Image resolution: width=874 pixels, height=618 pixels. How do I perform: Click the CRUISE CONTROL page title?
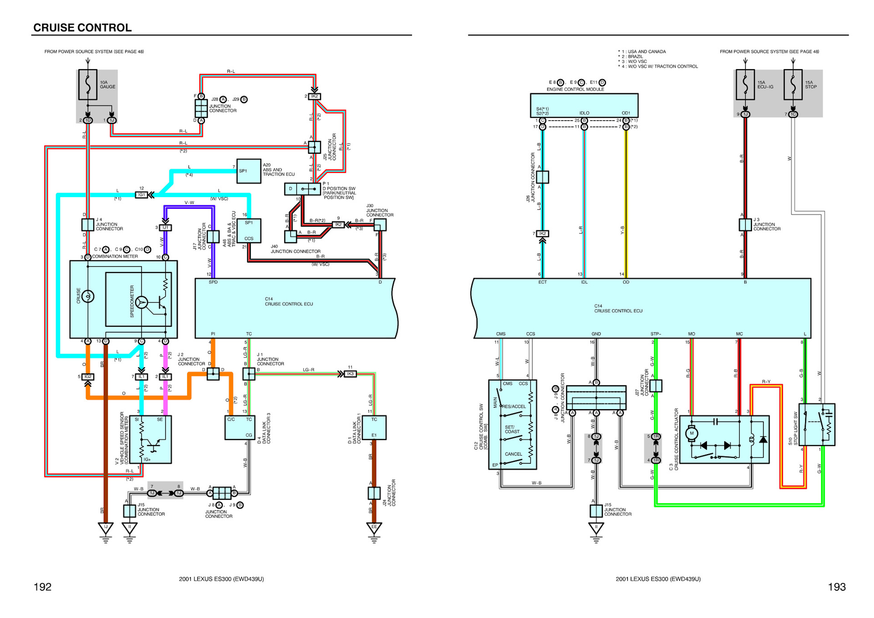click(82, 28)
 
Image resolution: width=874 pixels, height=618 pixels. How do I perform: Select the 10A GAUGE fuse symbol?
click(88, 85)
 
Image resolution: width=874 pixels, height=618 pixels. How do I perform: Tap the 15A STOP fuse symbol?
click(793, 85)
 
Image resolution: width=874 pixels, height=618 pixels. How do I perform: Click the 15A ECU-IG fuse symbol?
click(745, 85)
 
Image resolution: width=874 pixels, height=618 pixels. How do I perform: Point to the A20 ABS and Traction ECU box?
click(249, 171)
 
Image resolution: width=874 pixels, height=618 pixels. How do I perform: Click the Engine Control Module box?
click(584, 106)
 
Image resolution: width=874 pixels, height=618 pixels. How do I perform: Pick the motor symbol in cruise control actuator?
click(692, 433)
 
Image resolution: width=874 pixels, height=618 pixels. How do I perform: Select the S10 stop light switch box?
click(817, 425)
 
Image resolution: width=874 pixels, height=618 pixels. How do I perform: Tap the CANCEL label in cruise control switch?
click(513, 454)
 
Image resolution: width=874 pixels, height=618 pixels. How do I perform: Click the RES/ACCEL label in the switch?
click(514, 406)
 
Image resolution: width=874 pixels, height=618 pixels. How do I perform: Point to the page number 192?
click(42, 587)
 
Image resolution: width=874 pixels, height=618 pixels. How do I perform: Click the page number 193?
click(836, 587)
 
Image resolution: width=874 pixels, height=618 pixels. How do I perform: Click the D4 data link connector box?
click(239, 427)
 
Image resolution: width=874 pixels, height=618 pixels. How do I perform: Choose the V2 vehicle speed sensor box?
click(150, 439)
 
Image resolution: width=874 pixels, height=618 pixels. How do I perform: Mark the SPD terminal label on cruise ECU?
click(213, 282)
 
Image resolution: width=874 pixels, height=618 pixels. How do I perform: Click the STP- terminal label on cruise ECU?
click(655, 334)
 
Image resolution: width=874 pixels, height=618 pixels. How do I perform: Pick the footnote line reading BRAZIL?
click(635, 57)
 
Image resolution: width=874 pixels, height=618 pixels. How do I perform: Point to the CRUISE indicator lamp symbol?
click(88, 296)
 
